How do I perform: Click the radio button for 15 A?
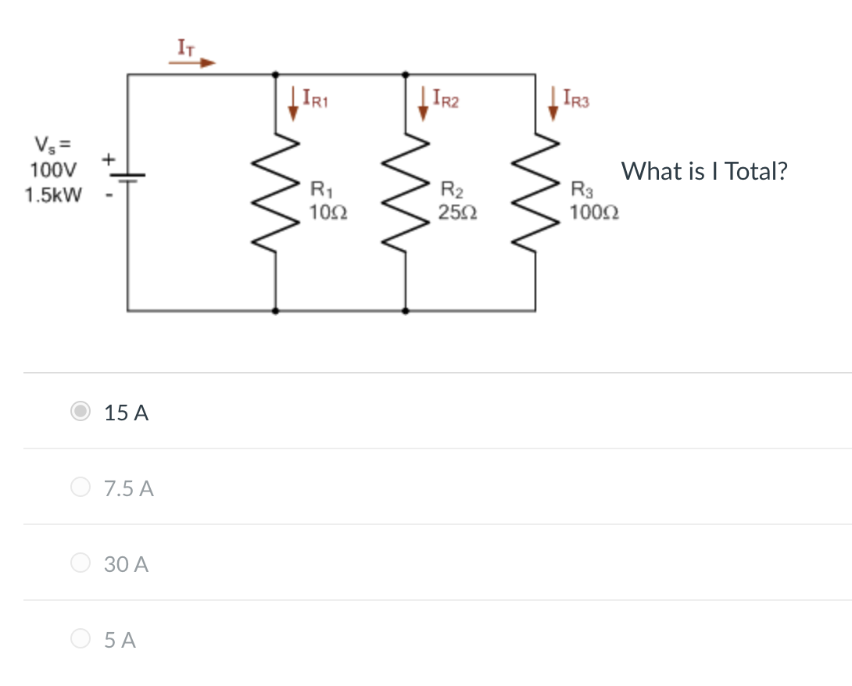[81, 412]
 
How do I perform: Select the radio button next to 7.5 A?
[81, 488]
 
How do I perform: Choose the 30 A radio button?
[81, 563]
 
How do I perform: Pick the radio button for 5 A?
[81, 639]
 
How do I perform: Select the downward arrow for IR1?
[293, 105]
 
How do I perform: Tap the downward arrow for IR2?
[424, 105]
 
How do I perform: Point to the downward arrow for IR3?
[553, 105]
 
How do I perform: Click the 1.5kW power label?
[52, 195]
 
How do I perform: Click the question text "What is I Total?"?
[703, 171]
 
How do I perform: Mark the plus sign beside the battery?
[109, 159]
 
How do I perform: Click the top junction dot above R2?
[405, 75]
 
